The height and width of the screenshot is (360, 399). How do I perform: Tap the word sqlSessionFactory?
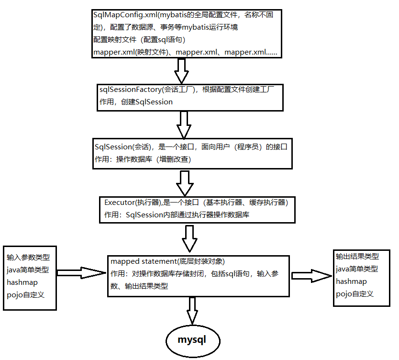pos(130,90)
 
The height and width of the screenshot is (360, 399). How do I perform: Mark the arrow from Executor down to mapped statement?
pos(190,238)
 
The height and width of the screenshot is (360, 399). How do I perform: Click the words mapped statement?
pos(143,261)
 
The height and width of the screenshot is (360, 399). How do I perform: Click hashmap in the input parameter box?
pos(22,282)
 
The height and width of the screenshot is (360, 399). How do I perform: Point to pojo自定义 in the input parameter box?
pos(25,294)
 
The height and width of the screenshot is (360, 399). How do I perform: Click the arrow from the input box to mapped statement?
pos(81,273)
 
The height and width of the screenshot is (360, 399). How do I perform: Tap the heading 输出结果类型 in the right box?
pos(357,257)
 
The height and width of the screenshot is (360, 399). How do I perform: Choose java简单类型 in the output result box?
pos(357,269)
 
